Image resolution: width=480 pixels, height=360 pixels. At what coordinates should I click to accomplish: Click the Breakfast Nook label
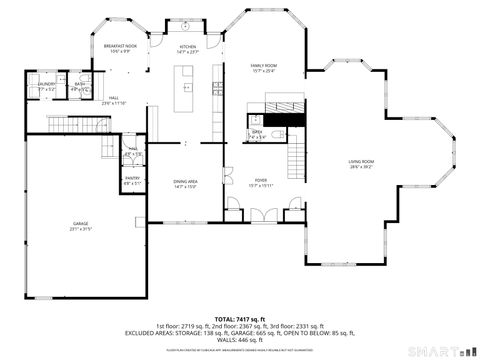tap(121, 48)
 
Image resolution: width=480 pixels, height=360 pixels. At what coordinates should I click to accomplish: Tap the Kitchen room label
tap(188, 48)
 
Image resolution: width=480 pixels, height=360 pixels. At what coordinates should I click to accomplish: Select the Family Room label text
tap(264, 67)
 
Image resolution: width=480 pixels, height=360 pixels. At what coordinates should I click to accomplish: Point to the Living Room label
tap(361, 164)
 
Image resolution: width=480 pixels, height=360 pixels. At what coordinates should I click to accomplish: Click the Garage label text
tap(80, 226)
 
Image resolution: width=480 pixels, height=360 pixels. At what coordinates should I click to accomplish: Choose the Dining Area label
tap(186, 184)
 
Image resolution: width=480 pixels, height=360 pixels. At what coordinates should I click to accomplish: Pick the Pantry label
tap(132, 181)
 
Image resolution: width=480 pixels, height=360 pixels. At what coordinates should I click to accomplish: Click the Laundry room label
tap(46, 87)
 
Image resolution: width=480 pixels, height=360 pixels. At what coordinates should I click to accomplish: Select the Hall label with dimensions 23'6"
tap(114, 101)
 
